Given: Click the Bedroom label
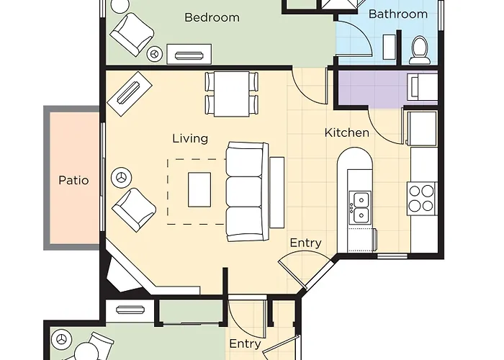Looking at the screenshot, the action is pyautogui.click(x=212, y=17).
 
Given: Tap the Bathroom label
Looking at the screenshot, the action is pyautogui.click(x=398, y=14).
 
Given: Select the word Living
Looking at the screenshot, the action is pyautogui.click(x=190, y=138).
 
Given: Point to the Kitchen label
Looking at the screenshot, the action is pyautogui.click(x=347, y=132).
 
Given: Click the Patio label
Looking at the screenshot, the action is pyautogui.click(x=73, y=180).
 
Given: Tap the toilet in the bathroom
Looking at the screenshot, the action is pyautogui.click(x=420, y=50).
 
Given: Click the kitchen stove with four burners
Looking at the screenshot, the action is pyautogui.click(x=421, y=198).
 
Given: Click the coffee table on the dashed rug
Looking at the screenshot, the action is pyautogui.click(x=199, y=189).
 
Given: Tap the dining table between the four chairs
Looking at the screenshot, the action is pyautogui.click(x=231, y=94).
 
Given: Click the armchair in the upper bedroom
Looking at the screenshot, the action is pyautogui.click(x=132, y=34).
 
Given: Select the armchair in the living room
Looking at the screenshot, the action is pyautogui.click(x=134, y=210).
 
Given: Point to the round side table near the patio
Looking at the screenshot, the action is pyautogui.click(x=121, y=177).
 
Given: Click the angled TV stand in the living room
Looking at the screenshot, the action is pyautogui.click(x=130, y=94).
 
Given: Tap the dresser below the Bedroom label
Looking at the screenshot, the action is pyautogui.click(x=189, y=54).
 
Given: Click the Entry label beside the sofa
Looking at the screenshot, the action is pyautogui.click(x=306, y=243).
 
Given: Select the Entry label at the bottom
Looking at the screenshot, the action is pyautogui.click(x=245, y=344).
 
